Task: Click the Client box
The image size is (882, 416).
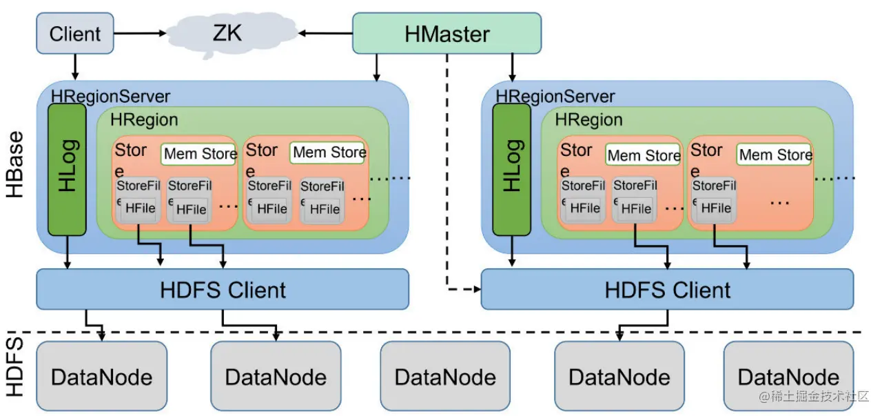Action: coord(75,33)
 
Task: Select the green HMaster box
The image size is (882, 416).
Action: coord(447,33)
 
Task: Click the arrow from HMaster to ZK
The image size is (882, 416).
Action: coord(325,32)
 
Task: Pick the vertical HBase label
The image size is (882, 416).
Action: coord(15,165)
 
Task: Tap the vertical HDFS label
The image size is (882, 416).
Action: coord(15,366)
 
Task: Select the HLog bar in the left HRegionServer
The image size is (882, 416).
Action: coord(67,170)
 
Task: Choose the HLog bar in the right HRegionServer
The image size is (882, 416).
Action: coord(511,170)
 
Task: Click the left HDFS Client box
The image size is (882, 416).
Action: coord(222,289)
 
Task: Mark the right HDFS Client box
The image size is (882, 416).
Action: coord(667,289)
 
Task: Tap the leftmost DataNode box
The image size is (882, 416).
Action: coord(101,377)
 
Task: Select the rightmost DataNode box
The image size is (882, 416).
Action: coord(788,377)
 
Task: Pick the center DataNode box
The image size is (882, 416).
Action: coord(445,377)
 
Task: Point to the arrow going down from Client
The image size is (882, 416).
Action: coord(75,66)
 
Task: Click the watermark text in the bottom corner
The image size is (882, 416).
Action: coord(814,397)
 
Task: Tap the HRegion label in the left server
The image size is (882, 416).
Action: coord(144,119)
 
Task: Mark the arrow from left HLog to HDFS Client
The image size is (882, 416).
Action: coord(68,252)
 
